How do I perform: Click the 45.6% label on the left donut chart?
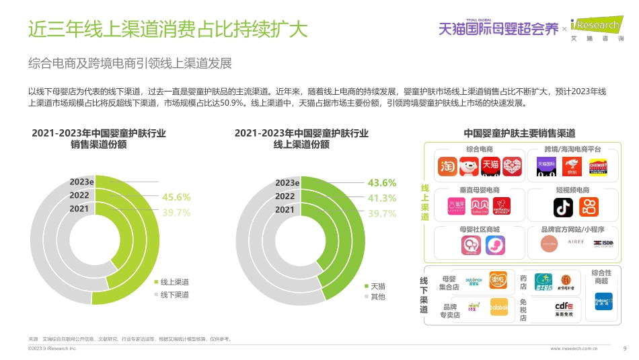pyautogui.click(x=176, y=197)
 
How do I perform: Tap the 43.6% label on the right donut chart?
pyautogui.click(x=381, y=183)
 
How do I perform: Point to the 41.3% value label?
pyautogui.click(x=381, y=198)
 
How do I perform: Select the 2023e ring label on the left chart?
pyautogui.click(x=81, y=182)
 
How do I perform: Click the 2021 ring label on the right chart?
pyautogui.click(x=285, y=209)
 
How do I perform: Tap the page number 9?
pyautogui.click(x=624, y=349)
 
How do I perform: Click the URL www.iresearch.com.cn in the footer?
pyautogui.click(x=574, y=349)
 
